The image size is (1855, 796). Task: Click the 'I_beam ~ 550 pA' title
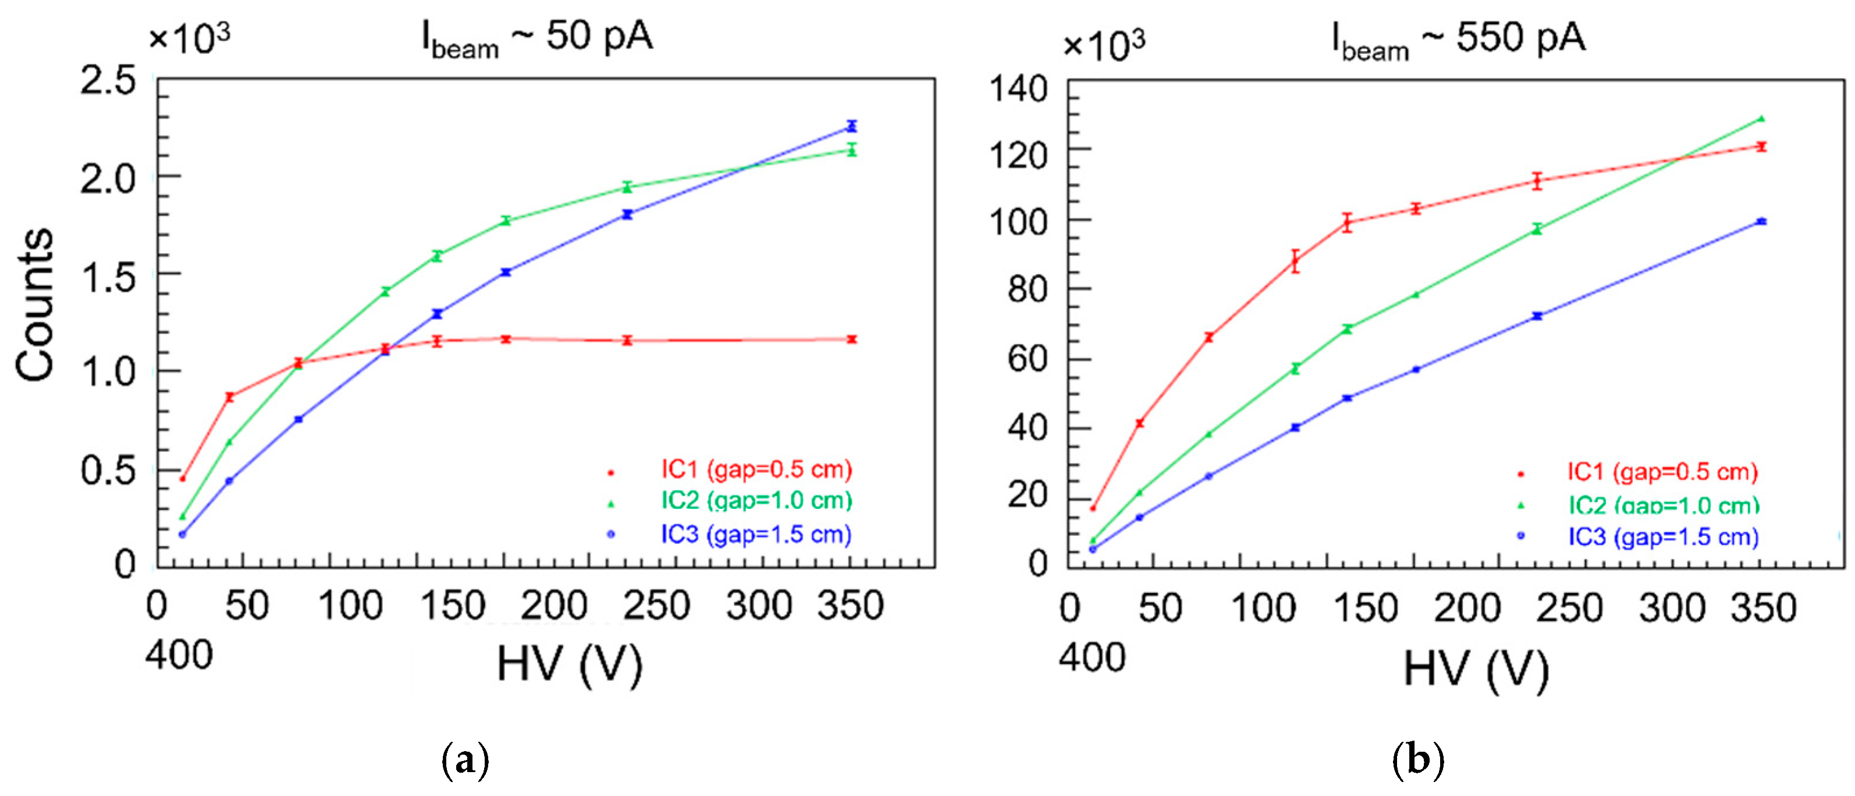[1458, 40]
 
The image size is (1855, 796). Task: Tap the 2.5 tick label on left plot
[108, 81]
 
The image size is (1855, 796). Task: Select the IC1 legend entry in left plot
[756, 470]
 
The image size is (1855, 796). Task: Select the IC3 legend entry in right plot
[1663, 537]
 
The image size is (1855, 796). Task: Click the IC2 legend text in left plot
[756, 501]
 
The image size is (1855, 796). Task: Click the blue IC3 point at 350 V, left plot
[852, 126]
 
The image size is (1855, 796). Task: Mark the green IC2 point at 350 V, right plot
[1761, 119]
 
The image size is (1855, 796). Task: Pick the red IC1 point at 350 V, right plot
[1761, 147]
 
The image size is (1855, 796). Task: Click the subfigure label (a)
[465, 760]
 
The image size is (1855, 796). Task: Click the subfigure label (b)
[1418, 760]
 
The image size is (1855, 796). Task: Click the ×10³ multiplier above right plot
[1103, 46]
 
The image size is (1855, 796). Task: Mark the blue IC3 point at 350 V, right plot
[1761, 222]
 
